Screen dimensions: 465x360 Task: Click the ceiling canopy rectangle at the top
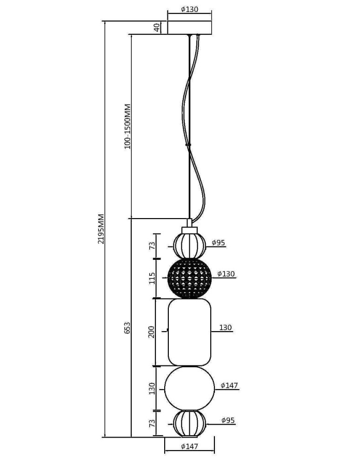click(x=189, y=27)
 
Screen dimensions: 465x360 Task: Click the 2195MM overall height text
click(x=101, y=229)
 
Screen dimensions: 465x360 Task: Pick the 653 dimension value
click(x=127, y=327)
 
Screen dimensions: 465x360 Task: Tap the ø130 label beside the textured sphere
click(x=226, y=274)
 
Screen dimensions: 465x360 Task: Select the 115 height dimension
click(x=152, y=279)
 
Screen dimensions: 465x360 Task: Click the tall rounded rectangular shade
click(x=189, y=332)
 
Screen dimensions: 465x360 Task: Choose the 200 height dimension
click(x=152, y=332)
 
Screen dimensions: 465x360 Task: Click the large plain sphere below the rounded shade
click(x=189, y=389)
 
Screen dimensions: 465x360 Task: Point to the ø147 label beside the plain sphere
click(x=229, y=385)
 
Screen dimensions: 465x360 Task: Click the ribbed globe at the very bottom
click(x=189, y=423)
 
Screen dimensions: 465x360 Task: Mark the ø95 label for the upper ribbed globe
click(x=218, y=242)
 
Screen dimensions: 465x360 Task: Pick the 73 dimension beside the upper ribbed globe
click(x=152, y=246)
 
